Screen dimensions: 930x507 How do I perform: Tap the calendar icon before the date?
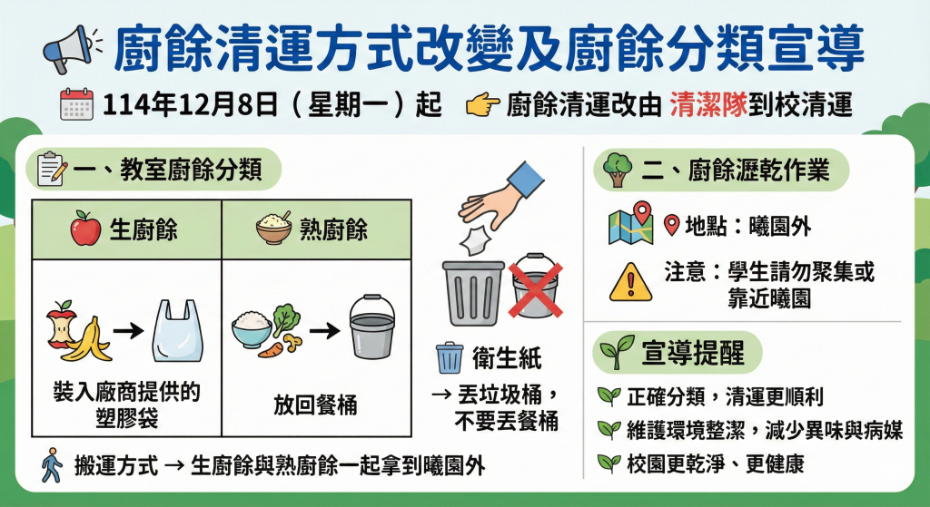tap(76, 104)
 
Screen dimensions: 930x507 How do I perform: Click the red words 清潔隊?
tap(708, 105)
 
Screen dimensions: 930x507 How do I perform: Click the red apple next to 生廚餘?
tap(86, 229)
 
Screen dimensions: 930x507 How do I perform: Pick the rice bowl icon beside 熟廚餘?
tap(274, 228)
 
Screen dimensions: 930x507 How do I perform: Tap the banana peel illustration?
tap(89, 339)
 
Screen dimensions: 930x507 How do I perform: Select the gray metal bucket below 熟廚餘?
tap(371, 327)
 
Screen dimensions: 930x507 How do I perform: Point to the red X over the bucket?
tap(536, 289)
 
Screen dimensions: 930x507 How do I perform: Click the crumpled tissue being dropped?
tap(475, 239)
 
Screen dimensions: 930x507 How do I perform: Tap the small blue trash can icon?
tap(450, 357)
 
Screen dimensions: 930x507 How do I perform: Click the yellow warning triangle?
tap(630, 282)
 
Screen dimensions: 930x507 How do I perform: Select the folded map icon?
tap(631, 223)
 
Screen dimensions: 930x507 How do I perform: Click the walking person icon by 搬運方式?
tap(52, 465)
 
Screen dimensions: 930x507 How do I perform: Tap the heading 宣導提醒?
tap(692, 353)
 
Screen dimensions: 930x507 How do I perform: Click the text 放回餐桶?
tap(315, 405)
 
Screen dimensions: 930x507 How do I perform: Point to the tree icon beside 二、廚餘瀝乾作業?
tap(618, 170)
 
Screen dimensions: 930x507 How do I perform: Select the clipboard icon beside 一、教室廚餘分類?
tap(52, 170)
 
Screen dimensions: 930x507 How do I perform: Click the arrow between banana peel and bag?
tap(129, 330)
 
